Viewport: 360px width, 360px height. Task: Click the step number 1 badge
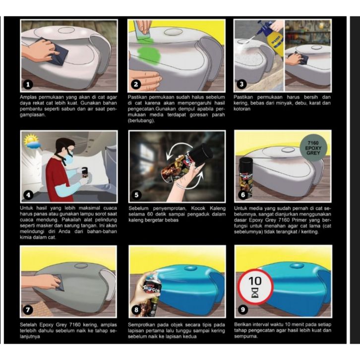pos(28,84)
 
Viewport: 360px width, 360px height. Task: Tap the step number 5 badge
pos(136,195)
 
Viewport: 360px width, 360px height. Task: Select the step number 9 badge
pos(242,310)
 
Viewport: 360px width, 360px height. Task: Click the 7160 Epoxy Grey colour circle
pos(313,148)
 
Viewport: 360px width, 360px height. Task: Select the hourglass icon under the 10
pos(255,292)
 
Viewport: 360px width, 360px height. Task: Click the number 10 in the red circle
pos(255,281)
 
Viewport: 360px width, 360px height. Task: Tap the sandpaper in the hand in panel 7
pos(57,282)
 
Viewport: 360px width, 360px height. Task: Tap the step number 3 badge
pos(241,84)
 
